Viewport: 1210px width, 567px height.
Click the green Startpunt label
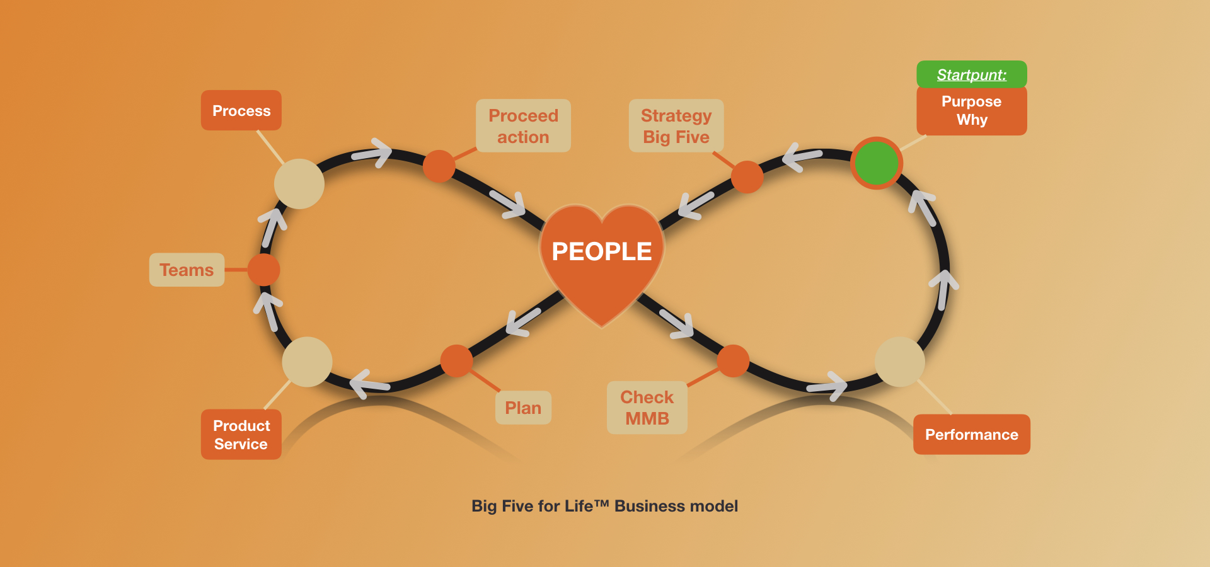(x=971, y=74)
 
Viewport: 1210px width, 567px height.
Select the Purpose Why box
(x=971, y=111)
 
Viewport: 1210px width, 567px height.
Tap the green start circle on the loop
(x=876, y=163)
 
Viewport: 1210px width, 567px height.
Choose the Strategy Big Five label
(x=676, y=126)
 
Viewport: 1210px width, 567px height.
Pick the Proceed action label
(x=523, y=126)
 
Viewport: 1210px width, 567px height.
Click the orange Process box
(x=241, y=111)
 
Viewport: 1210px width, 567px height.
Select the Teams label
(x=187, y=270)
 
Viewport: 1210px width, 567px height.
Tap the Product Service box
(x=241, y=435)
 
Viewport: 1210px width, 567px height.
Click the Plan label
(x=523, y=408)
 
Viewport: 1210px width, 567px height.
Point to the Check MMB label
(x=647, y=408)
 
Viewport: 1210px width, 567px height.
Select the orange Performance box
(x=971, y=435)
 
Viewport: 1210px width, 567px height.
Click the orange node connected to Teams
(x=263, y=270)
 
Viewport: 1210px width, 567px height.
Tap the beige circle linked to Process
(x=299, y=183)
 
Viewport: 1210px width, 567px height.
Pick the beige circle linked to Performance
(x=900, y=362)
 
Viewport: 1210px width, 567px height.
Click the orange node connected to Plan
(x=456, y=360)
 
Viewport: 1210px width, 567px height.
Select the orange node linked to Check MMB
(x=733, y=361)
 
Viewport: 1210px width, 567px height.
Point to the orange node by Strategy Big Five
(x=747, y=176)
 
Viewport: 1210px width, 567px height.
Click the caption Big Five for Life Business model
(x=604, y=506)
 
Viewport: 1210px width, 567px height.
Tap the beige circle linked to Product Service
(x=307, y=362)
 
